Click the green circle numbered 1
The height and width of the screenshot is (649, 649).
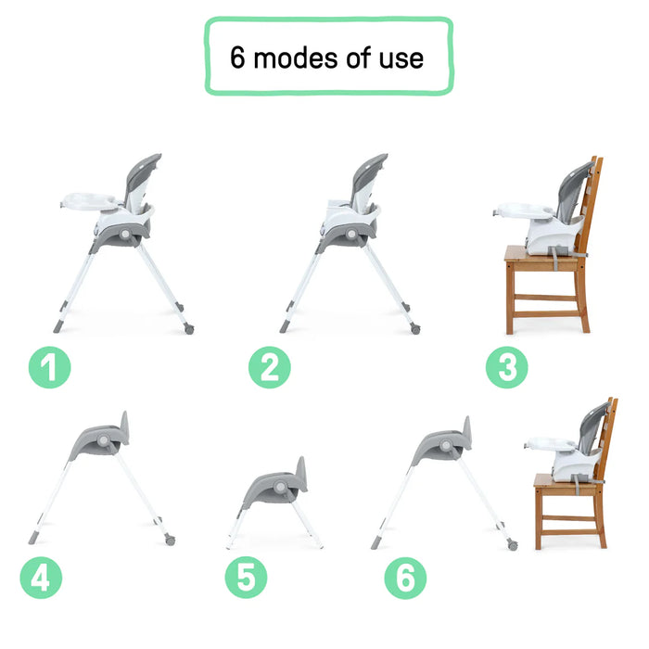coord(49,369)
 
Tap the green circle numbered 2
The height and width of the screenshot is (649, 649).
coord(269,369)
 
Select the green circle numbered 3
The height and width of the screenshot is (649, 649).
coord(507,369)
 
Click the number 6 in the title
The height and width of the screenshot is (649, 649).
coord(238,58)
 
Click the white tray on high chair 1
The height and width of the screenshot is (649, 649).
coord(91,200)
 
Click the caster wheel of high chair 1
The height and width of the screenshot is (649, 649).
coord(188,329)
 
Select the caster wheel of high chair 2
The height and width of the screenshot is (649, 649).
coord(415,329)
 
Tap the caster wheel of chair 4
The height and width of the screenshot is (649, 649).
coord(170,539)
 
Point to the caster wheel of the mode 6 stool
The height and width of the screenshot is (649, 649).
coord(512,545)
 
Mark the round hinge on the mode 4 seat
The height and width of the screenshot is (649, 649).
coord(103,439)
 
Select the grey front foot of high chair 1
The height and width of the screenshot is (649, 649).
coord(57,327)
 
